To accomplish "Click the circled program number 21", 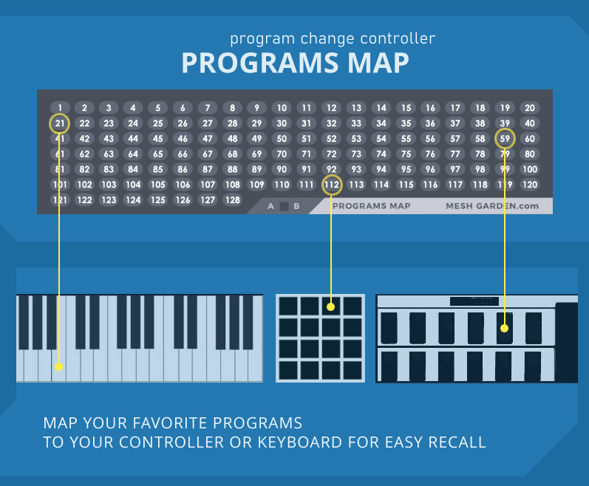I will (60, 123).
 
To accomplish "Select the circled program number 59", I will (505, 138).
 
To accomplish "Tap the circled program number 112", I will (332, 185).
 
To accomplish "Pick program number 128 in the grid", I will (233, 199).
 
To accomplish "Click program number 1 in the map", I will (60, 108).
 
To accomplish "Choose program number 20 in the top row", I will (529, 108).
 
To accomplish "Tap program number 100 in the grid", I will (529, 169).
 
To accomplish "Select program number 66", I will (183, 154).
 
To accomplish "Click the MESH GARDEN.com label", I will (492, 206).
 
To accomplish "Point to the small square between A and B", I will (283, 206).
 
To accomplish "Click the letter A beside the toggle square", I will (271, 206).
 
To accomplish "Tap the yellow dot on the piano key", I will (58, 366).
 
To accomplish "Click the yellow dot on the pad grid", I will (331, 306).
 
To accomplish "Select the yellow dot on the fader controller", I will (505, 327).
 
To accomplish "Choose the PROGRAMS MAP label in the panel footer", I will (371, 206).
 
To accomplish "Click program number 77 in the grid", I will (455, 154).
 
